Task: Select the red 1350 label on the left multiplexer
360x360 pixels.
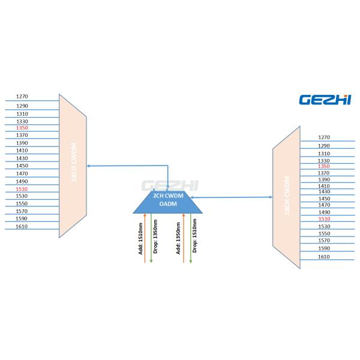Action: pos(22,128)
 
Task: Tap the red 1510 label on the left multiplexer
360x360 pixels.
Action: pos(22,188)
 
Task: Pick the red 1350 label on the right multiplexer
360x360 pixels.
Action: pos(324,166)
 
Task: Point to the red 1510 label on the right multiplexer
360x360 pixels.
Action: pos(324,219)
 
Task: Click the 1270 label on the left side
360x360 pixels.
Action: pos(22,97)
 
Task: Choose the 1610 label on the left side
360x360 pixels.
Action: pos(22,226)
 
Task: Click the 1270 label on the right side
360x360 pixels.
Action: pos(324,137)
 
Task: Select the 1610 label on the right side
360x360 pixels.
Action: pos(324,256)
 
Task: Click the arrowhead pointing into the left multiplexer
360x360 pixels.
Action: pos(89,166)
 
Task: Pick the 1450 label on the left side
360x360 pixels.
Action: pos(22,166)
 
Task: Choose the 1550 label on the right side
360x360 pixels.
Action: pos(324,233)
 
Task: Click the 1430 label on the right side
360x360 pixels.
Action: pos(324,191)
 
